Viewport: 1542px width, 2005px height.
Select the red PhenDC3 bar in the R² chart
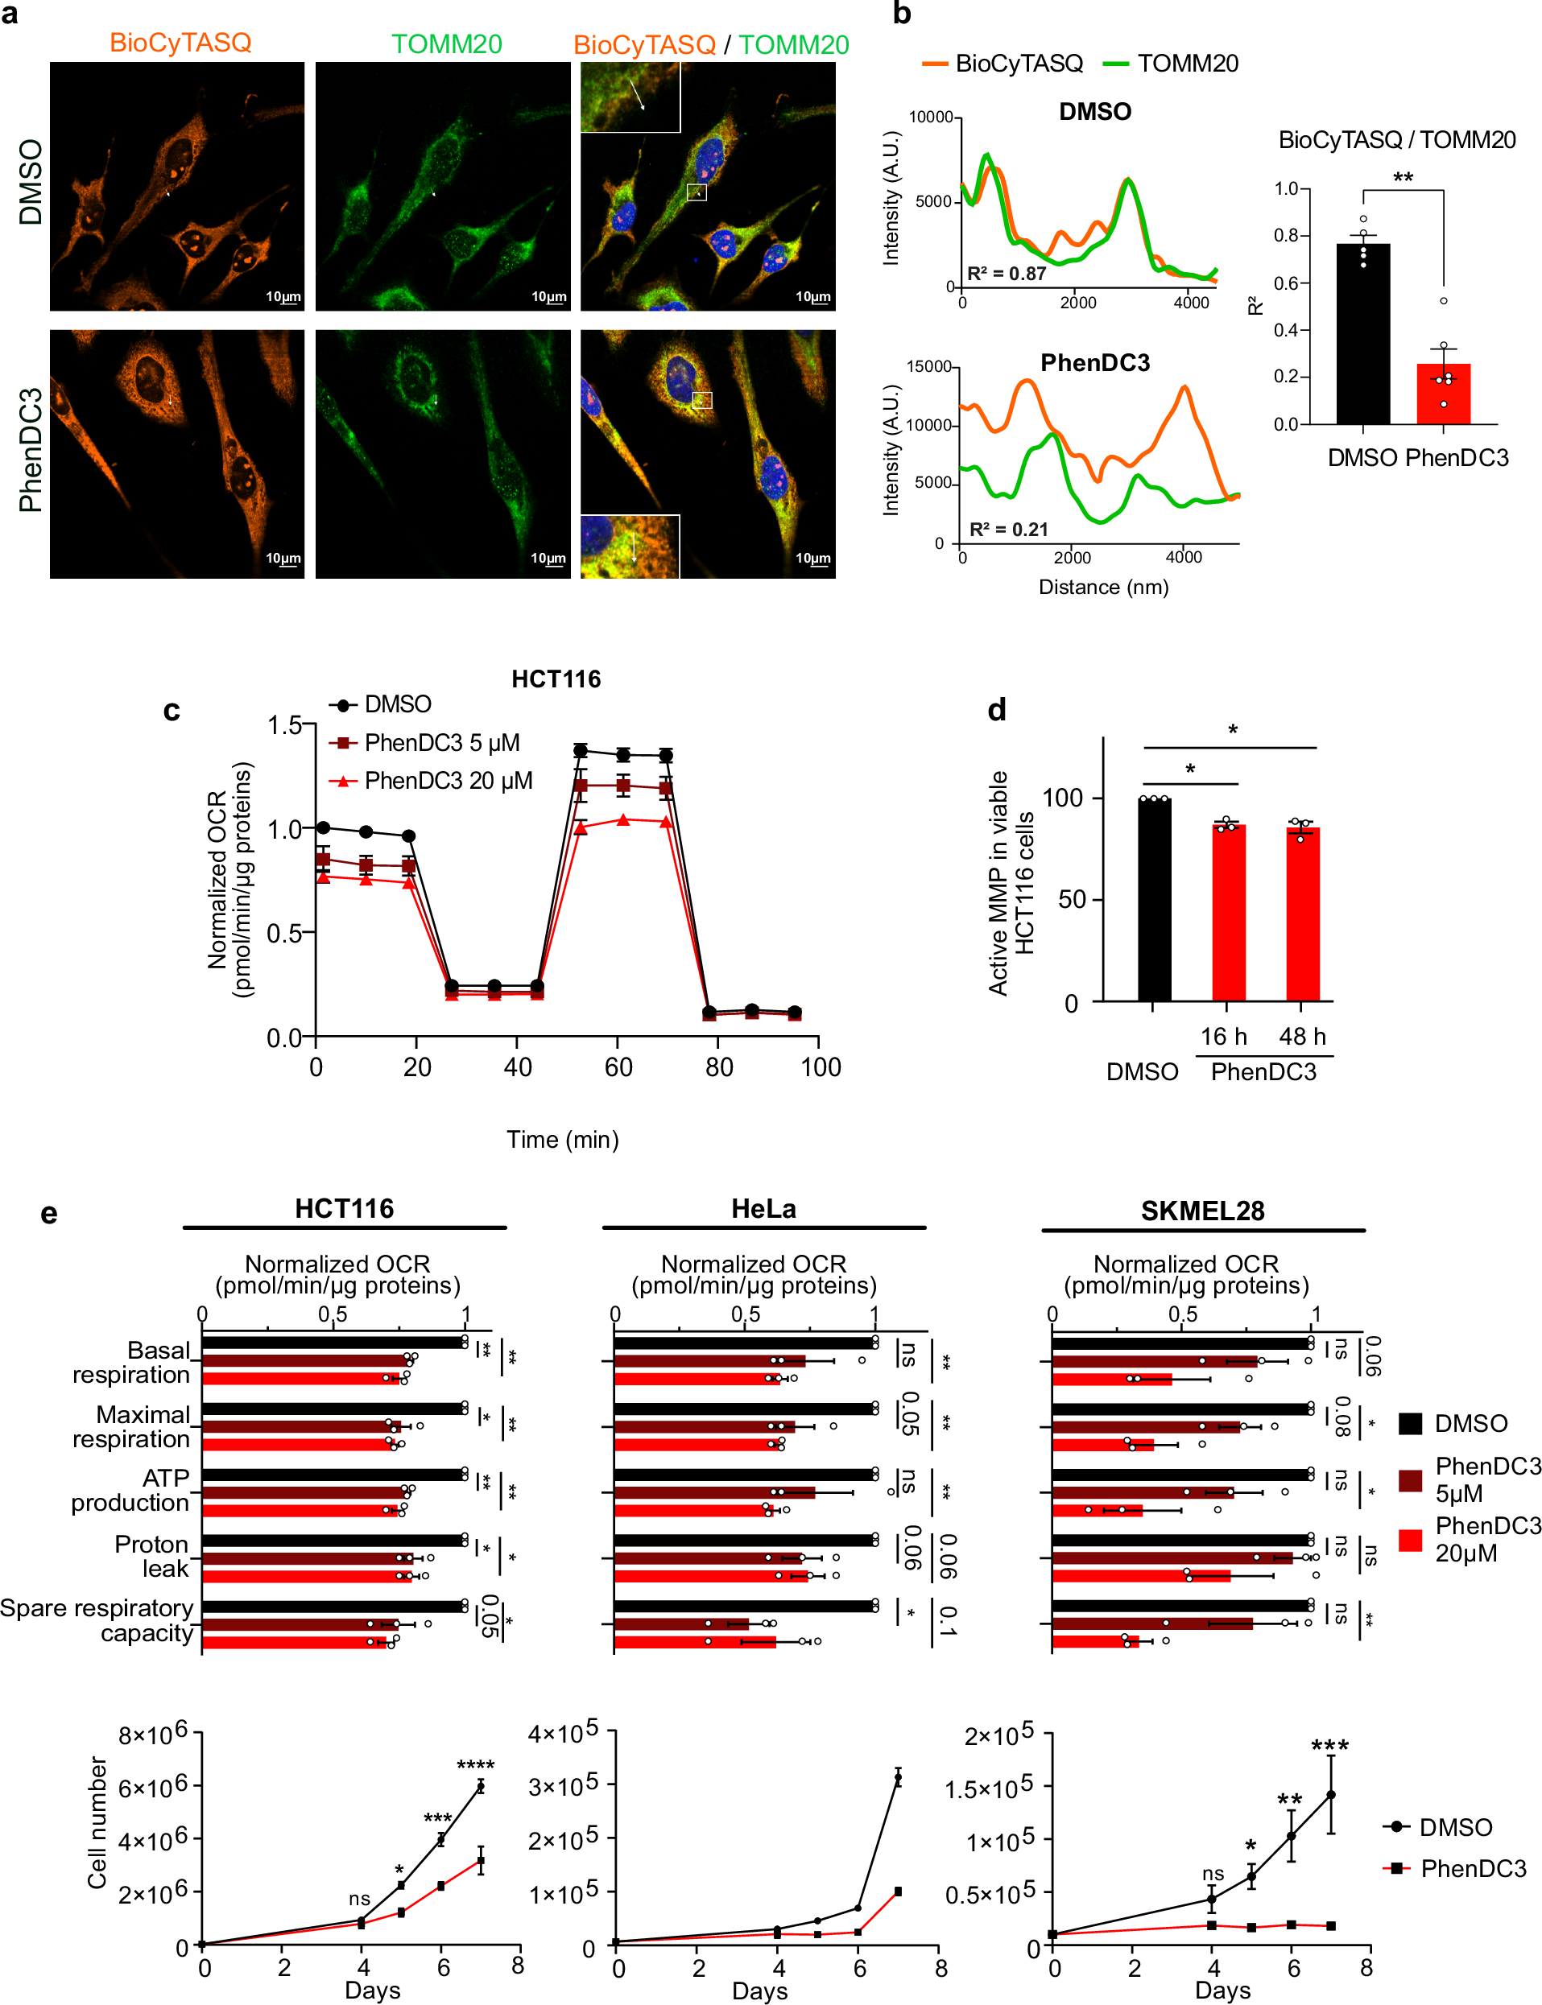(1443, 394)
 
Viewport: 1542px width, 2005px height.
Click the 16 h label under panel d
(1223, 1036)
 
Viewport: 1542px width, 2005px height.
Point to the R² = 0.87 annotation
(1006, 274)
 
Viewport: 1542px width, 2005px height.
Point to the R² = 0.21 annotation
(1008, 530)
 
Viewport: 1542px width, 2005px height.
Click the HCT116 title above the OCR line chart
(556, 679)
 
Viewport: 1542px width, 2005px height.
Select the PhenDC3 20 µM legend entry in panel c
(448, 781)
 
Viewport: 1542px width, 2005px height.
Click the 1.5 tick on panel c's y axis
(284, 726)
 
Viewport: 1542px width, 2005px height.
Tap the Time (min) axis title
(563, 1140)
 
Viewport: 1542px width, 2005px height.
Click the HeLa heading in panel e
(763, 1208)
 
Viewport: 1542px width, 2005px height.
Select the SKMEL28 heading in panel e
(1202, 1211)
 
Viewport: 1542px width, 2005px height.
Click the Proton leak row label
(151, 1557)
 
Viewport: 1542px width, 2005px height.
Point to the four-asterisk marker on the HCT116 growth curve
(475, 1764)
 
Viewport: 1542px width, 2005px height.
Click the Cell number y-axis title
(97, 1822)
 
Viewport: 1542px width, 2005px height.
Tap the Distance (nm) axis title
(1103, 588)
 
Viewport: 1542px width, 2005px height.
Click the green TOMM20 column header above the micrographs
(446, 44)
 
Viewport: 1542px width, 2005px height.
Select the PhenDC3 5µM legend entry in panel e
(1487, 1479)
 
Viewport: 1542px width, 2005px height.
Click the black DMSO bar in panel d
(1154, 899)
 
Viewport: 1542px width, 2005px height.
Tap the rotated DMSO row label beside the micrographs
(31, 182)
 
